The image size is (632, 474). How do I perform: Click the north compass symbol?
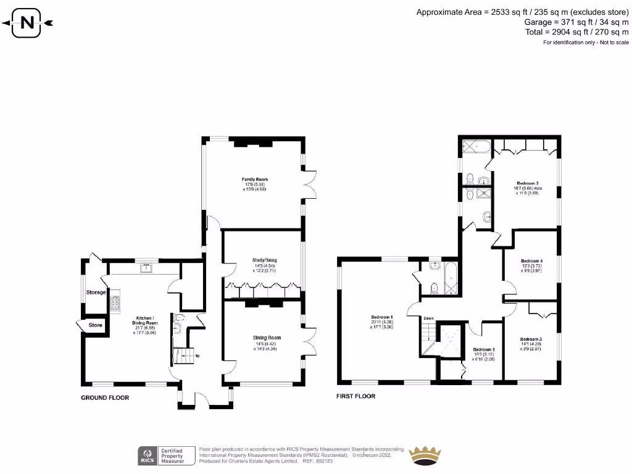28,23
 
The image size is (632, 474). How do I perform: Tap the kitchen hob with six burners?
115,302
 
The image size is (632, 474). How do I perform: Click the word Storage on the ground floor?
96,292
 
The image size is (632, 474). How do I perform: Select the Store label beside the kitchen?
96,325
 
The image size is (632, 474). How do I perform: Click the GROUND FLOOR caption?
105,398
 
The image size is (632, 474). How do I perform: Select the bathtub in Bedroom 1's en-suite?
451,279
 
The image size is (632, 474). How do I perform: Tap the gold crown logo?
425,455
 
